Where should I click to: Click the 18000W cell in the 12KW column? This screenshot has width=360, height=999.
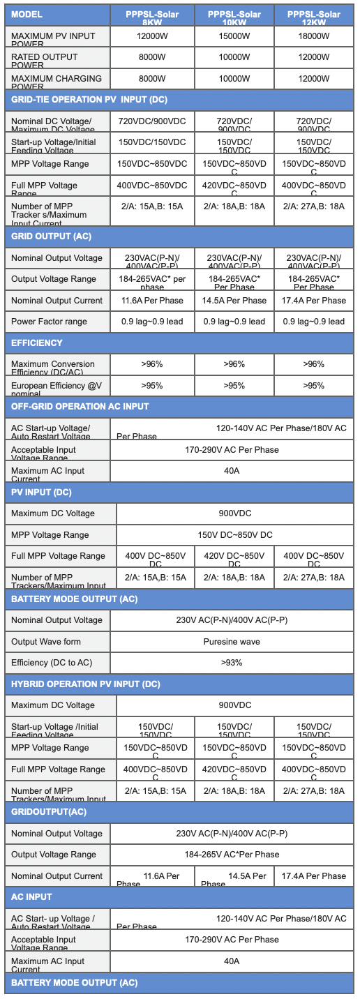[313, 36]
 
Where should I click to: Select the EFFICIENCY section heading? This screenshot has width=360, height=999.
[37, 343]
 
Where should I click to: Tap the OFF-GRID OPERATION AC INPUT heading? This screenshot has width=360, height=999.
[80, 406]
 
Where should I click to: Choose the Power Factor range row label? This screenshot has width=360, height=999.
[49, 322]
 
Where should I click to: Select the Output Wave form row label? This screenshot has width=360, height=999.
[46, 641]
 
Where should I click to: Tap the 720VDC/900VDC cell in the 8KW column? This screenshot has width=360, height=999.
[152, 121]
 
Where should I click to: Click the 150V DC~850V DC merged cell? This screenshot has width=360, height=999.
[234, 534]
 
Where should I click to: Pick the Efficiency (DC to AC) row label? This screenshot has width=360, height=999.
[52, 662]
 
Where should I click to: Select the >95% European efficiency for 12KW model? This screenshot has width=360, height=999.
[313, 385]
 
